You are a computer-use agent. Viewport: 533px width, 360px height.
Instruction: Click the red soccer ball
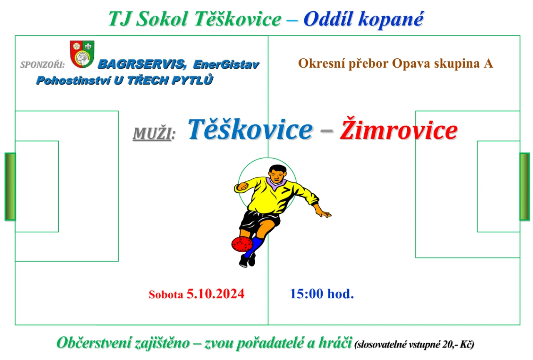[242, 244]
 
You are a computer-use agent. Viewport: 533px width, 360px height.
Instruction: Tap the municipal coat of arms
[82, 54]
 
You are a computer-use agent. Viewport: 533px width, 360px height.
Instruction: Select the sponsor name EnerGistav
[226, 65]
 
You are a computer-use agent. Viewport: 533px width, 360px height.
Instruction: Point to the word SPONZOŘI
[42, 65]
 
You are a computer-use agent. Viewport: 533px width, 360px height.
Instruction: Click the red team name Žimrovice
[399, 129]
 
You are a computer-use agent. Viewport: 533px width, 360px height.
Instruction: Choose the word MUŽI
[154, 133]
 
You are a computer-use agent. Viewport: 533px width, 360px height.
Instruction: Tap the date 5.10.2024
[215, 294]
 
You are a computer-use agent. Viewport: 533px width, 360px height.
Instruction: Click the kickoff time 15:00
[307, 294]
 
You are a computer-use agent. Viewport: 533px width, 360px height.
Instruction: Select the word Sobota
[166, 295]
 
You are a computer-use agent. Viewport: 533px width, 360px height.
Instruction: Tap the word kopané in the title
[391, 20]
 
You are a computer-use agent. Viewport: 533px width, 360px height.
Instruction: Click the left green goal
[10, 186]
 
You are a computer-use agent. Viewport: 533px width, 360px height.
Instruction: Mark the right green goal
[524, 186]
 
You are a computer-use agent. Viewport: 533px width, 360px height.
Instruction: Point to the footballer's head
[277, 174]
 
